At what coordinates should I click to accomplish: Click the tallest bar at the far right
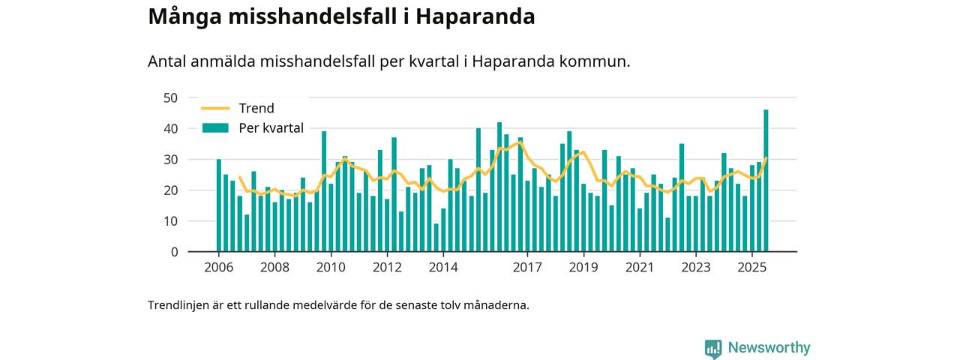coord(766,180)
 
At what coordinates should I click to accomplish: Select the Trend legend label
coord(256,108)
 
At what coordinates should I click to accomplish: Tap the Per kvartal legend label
coord(271,128)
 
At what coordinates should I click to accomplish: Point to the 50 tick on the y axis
coord(170,97)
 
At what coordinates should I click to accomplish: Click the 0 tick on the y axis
coord(174,252)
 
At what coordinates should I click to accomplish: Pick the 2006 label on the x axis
coord(218,268)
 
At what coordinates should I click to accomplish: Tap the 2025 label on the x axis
coord(751,268)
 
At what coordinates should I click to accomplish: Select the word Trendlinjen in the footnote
coord(178,305)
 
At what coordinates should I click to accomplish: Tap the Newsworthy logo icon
coord(713,348)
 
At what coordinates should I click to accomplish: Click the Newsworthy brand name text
coord(769,348)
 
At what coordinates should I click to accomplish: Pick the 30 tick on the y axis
coord(170,159)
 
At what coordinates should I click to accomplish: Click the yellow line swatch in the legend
coord(214,108)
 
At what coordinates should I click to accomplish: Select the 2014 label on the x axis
coord(443,268)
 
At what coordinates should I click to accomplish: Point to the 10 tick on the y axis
coord(170,221)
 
